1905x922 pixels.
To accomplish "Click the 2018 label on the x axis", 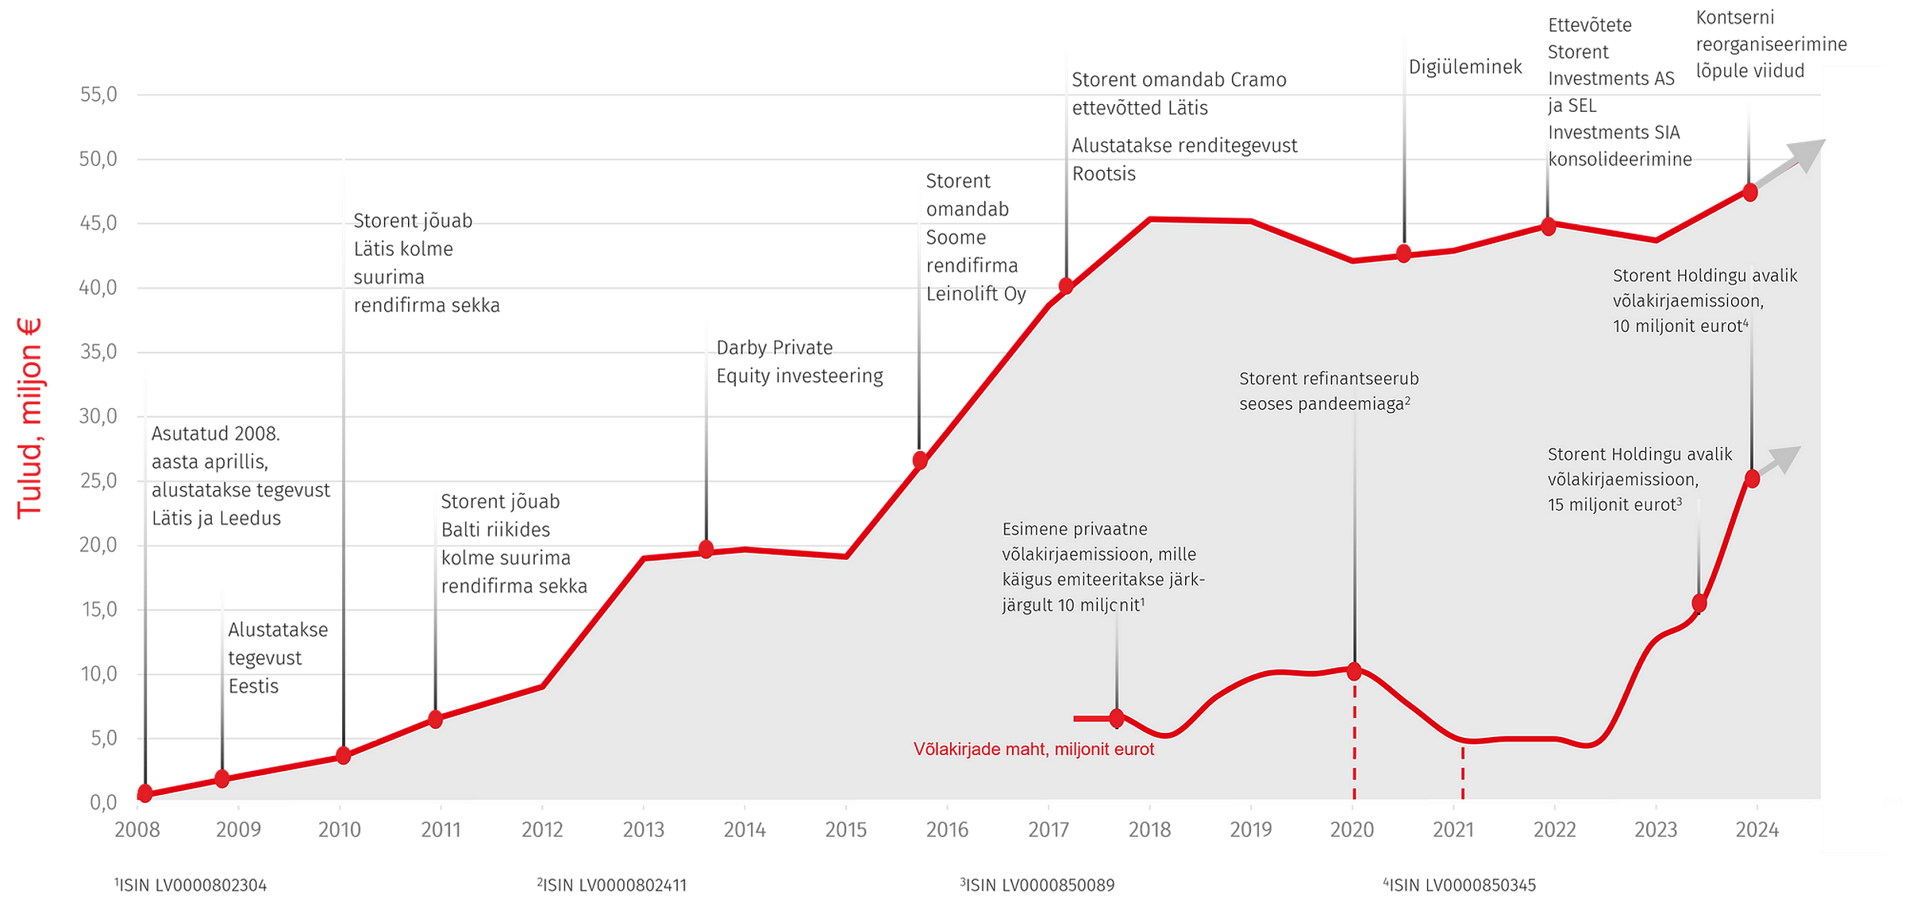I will pyautogui.click(x=1149, y=830).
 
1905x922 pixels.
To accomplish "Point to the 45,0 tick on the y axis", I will pyautogui.click(x=98, y=223).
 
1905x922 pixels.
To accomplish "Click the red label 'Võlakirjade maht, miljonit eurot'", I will pyautogui.click(x=1033, y=749).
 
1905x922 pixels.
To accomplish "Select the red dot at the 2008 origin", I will pyautogui.click(x=144, y=793).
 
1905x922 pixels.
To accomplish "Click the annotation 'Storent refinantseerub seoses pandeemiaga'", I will pyautogui.click(x=1328, y=392).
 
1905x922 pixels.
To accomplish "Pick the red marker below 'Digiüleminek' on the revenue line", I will pyautogui.click(x=1403, y=253).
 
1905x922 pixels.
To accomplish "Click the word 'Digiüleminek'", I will pyautogui.click(x=1465, y=68).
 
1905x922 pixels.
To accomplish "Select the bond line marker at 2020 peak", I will pyautogui.click(x=1354, y=672).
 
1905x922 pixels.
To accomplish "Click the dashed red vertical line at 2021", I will pyautogui.click(x=1462, y=774).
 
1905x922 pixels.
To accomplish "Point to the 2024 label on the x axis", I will pyautogui.click(x=1757, y=830).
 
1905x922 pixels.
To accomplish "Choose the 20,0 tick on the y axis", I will pyautogui.click(x=98, y=546).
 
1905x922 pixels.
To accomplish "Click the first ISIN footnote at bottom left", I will pyautogui.click(x=190, y=885).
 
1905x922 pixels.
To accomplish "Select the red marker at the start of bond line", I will pyautogui.click(x=1117, y=719).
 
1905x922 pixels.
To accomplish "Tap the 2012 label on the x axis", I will pyautogui.click(x=542, y=830).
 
